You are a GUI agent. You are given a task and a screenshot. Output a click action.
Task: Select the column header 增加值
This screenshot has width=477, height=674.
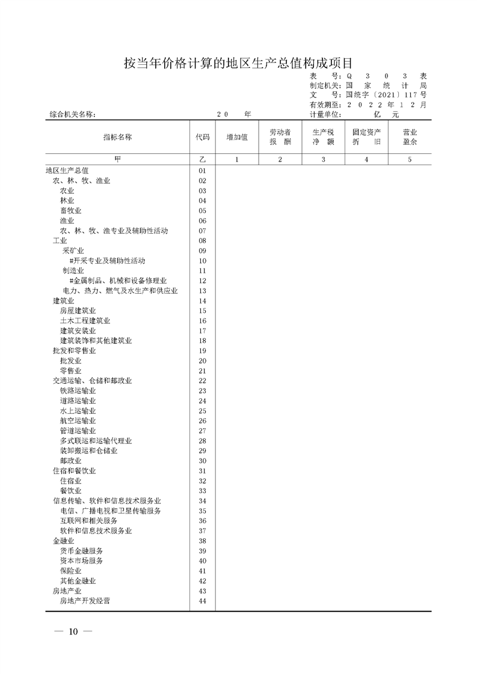click(x=237, y=137)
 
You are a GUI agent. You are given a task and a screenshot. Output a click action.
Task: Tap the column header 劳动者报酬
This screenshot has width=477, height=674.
click(x=280, y=137)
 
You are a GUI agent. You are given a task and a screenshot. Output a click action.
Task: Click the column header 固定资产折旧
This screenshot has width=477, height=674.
click(x=366, y=137)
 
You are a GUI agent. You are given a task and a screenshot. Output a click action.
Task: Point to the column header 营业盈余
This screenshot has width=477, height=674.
click(x=410, y=137)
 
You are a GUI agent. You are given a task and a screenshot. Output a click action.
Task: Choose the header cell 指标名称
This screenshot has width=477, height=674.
click(x=117, y=137)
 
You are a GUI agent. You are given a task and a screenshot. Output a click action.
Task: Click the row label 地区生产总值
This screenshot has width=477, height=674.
click(x=67, y=171)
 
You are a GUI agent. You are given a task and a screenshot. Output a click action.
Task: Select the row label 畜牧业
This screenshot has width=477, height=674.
click(x=70, y=211)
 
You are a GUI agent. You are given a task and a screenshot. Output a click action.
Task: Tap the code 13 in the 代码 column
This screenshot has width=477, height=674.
click(x=202, y=291)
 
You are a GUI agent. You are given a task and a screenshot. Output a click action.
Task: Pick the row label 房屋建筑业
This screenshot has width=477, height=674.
click(x=74, y=311)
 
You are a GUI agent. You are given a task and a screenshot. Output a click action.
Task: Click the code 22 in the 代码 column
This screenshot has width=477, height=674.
click(x=202, y=381)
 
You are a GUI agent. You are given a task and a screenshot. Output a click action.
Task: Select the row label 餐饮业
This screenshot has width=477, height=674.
click(x=70, y=491)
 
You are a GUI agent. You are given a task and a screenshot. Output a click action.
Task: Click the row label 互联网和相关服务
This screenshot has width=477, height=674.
click(x=88, y=521)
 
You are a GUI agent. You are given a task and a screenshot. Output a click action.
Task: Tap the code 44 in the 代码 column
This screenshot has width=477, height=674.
click(x=202, y=601)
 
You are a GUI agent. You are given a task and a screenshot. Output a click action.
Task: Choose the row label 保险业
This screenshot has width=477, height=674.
click(x=70, y=571)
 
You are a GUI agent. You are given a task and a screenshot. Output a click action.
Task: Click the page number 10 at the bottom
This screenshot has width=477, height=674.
click(x=73, y=631)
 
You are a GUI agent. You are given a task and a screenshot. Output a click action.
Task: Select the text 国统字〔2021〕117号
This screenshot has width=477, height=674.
click(x=386, y=95)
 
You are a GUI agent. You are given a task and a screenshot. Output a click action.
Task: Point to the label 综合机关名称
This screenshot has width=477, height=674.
click(x=70, y=115)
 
